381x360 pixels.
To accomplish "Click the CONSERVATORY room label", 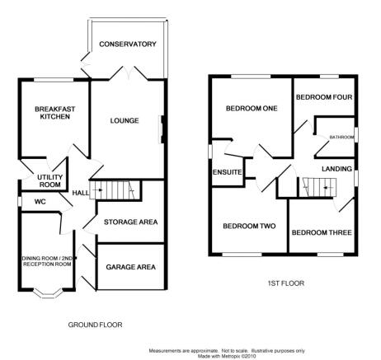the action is point(128,44).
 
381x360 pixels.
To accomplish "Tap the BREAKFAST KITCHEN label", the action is point(55,113).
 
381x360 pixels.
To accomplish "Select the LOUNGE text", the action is point(125,120).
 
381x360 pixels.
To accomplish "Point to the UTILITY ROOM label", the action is point(49,181).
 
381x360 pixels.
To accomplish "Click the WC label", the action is point(40,202).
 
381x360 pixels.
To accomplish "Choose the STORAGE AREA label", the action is point(130,222).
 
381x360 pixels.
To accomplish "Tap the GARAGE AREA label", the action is point(130,267).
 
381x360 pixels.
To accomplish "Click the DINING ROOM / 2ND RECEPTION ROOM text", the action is point(47,261).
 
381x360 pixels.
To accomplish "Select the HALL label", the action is point(81,193).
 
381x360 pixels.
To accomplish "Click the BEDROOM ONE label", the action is point(252,109).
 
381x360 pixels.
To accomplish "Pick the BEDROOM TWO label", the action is point(249,226).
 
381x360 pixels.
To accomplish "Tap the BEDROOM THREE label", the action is point(322,232).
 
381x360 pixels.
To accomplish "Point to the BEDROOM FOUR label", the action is point(324,97).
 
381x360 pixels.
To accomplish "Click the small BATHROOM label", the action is point(341,137).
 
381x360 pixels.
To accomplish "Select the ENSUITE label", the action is point(227,172).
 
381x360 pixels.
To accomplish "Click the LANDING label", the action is point(336,169).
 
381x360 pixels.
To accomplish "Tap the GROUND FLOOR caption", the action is point(95,325).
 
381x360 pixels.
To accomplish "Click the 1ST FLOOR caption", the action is point(286,283).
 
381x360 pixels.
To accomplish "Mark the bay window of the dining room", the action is point(47,295).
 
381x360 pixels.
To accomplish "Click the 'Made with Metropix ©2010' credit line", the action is point(227,356).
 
